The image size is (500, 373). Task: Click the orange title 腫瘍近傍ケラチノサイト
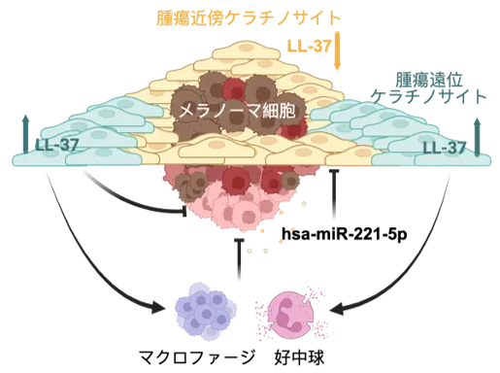point(249,17)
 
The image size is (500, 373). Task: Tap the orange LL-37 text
point(309,46)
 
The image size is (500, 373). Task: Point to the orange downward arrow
point(337,51)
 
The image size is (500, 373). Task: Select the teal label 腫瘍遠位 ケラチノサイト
point(428,87)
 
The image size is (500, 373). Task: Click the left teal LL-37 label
point(56,145)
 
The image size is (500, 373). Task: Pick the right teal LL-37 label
point(445,148)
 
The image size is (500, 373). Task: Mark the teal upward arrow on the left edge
point(25,133)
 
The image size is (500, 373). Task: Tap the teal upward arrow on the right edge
point(477,137)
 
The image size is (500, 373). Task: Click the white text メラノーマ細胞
point(237,111)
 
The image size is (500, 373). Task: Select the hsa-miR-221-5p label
point(344,233)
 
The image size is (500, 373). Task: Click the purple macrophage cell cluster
point(205,311)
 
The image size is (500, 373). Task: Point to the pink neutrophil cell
point(291,314)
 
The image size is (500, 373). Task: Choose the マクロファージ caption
point(197,357)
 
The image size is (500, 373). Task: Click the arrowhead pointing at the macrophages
point(158,306)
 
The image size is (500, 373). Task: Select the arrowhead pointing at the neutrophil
point(339,308)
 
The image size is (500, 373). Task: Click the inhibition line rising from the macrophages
point(239,259)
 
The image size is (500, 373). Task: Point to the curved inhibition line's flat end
point(184,211)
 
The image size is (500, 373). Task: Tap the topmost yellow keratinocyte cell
point(246,51)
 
